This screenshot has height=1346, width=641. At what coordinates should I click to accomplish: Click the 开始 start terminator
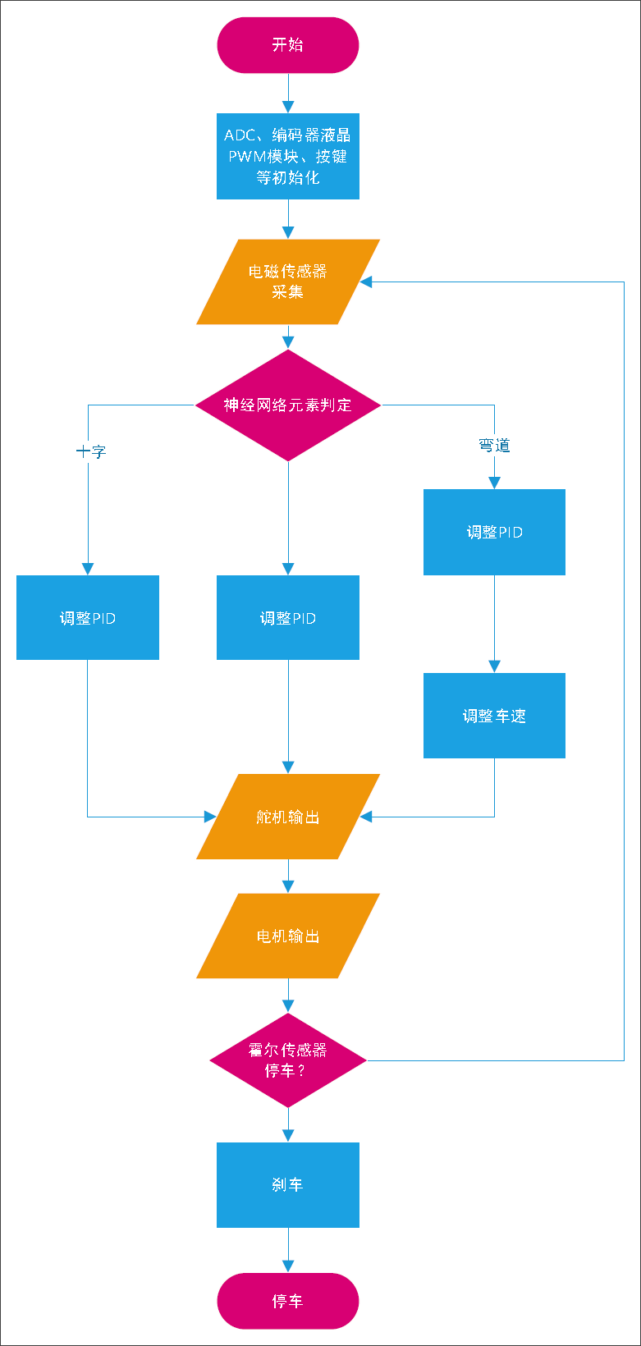tap(287, 45)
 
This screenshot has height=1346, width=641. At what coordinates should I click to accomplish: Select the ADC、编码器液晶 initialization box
tap(287, 156)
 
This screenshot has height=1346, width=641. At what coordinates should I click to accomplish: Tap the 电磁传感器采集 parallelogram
tap(287, 282)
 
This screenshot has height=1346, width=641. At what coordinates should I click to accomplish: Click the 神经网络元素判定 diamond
tap(287, 405)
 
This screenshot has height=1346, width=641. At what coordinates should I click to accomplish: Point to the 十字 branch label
tap(91, 451)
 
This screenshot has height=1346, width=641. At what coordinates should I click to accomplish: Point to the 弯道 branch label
tap(494, 446)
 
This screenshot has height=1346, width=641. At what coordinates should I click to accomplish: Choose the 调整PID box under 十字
tap(88, 618)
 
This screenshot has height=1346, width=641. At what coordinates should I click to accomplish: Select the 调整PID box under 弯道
tap(494, 532)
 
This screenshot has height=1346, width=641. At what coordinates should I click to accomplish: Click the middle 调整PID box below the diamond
tap(287, 618)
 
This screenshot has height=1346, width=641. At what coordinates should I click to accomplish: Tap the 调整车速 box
tap(494, 716)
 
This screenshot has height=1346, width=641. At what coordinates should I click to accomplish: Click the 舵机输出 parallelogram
tap(287, 817)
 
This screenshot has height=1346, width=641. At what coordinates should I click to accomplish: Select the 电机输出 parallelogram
tap(287, 936)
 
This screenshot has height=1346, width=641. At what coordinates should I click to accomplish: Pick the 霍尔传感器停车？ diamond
tap(287, 1060)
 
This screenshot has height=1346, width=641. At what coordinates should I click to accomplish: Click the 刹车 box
tap(287, 1184)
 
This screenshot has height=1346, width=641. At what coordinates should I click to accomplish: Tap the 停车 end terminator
tap(287, 1301)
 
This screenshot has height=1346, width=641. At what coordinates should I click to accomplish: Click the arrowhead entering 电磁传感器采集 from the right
tap(366, 282)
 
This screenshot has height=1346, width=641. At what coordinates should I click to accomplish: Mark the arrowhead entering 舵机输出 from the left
tap(209, 817)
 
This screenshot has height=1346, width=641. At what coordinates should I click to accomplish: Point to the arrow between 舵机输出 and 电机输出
tap(288, 877)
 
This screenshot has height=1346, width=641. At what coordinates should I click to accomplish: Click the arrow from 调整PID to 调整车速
tap(494, 624)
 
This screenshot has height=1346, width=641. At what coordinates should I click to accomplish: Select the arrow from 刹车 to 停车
tap(288, 1250)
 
